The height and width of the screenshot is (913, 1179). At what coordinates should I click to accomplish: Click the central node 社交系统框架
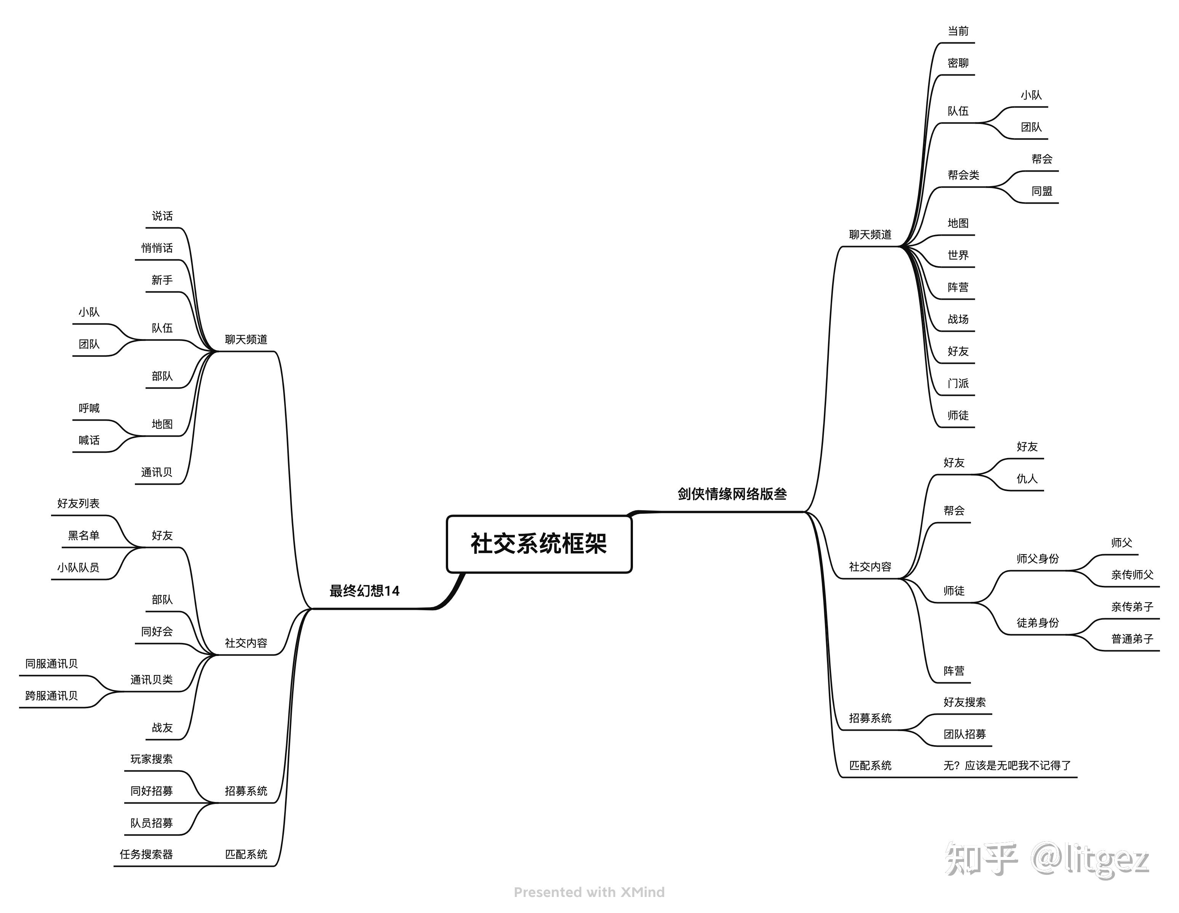(539, 543)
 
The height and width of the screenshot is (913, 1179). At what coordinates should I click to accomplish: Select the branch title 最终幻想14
(364, 591)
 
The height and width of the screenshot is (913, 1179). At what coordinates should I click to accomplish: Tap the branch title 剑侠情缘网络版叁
(732, 494)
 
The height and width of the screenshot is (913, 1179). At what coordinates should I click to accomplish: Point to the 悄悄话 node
(157, 248)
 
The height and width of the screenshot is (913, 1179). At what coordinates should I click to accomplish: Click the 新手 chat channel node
(162, 280)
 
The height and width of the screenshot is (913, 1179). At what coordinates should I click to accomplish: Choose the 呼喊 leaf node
(89, 408)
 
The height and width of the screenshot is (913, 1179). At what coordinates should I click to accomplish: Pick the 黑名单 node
(84, 535)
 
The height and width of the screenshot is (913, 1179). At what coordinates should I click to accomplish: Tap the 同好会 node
(157, 632)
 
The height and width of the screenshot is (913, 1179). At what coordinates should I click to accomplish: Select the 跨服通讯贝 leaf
(51, 696)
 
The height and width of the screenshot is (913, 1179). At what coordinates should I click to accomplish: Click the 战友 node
(162, 728)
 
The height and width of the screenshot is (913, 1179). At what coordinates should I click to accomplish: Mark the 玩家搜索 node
(151, 759)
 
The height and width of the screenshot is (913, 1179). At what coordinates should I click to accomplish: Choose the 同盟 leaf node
(1041, 191)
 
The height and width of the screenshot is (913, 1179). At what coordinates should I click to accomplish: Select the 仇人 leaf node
(1027, 479)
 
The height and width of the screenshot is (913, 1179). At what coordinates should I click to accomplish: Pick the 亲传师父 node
(1132, 575)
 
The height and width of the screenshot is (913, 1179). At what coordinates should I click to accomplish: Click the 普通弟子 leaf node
(1132, 639)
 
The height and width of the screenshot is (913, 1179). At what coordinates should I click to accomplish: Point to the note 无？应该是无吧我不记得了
(1007, 765)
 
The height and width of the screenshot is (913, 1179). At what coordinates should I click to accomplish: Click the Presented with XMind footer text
(589, 892)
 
